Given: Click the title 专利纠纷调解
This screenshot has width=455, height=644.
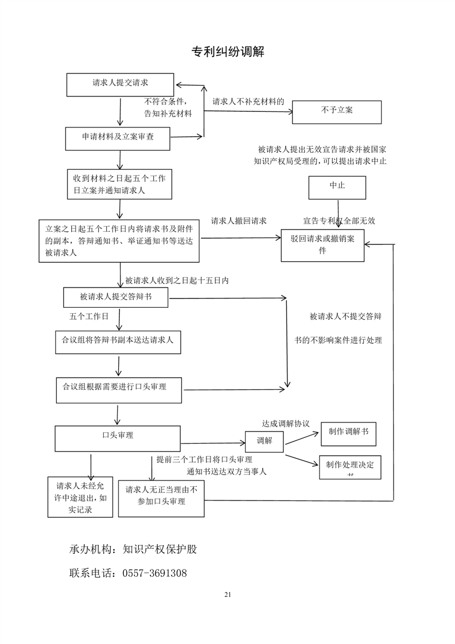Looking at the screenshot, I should coord(227,52).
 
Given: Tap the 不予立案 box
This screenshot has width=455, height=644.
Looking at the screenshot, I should coord(337,111).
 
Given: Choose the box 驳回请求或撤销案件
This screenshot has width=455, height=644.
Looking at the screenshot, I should coord(322,245).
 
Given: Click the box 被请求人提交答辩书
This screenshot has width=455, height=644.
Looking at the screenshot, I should coord(116,297).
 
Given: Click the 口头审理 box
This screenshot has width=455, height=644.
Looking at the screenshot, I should coord(118,438).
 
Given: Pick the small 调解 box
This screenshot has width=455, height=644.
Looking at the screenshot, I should coord(265,441).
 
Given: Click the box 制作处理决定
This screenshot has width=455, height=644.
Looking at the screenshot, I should coord(349,467).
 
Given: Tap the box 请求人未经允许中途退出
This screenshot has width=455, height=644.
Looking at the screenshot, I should coord(80,496).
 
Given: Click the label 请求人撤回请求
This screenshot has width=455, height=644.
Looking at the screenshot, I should coord(239,220).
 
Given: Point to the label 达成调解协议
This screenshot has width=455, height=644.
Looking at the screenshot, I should coord(286,424).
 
